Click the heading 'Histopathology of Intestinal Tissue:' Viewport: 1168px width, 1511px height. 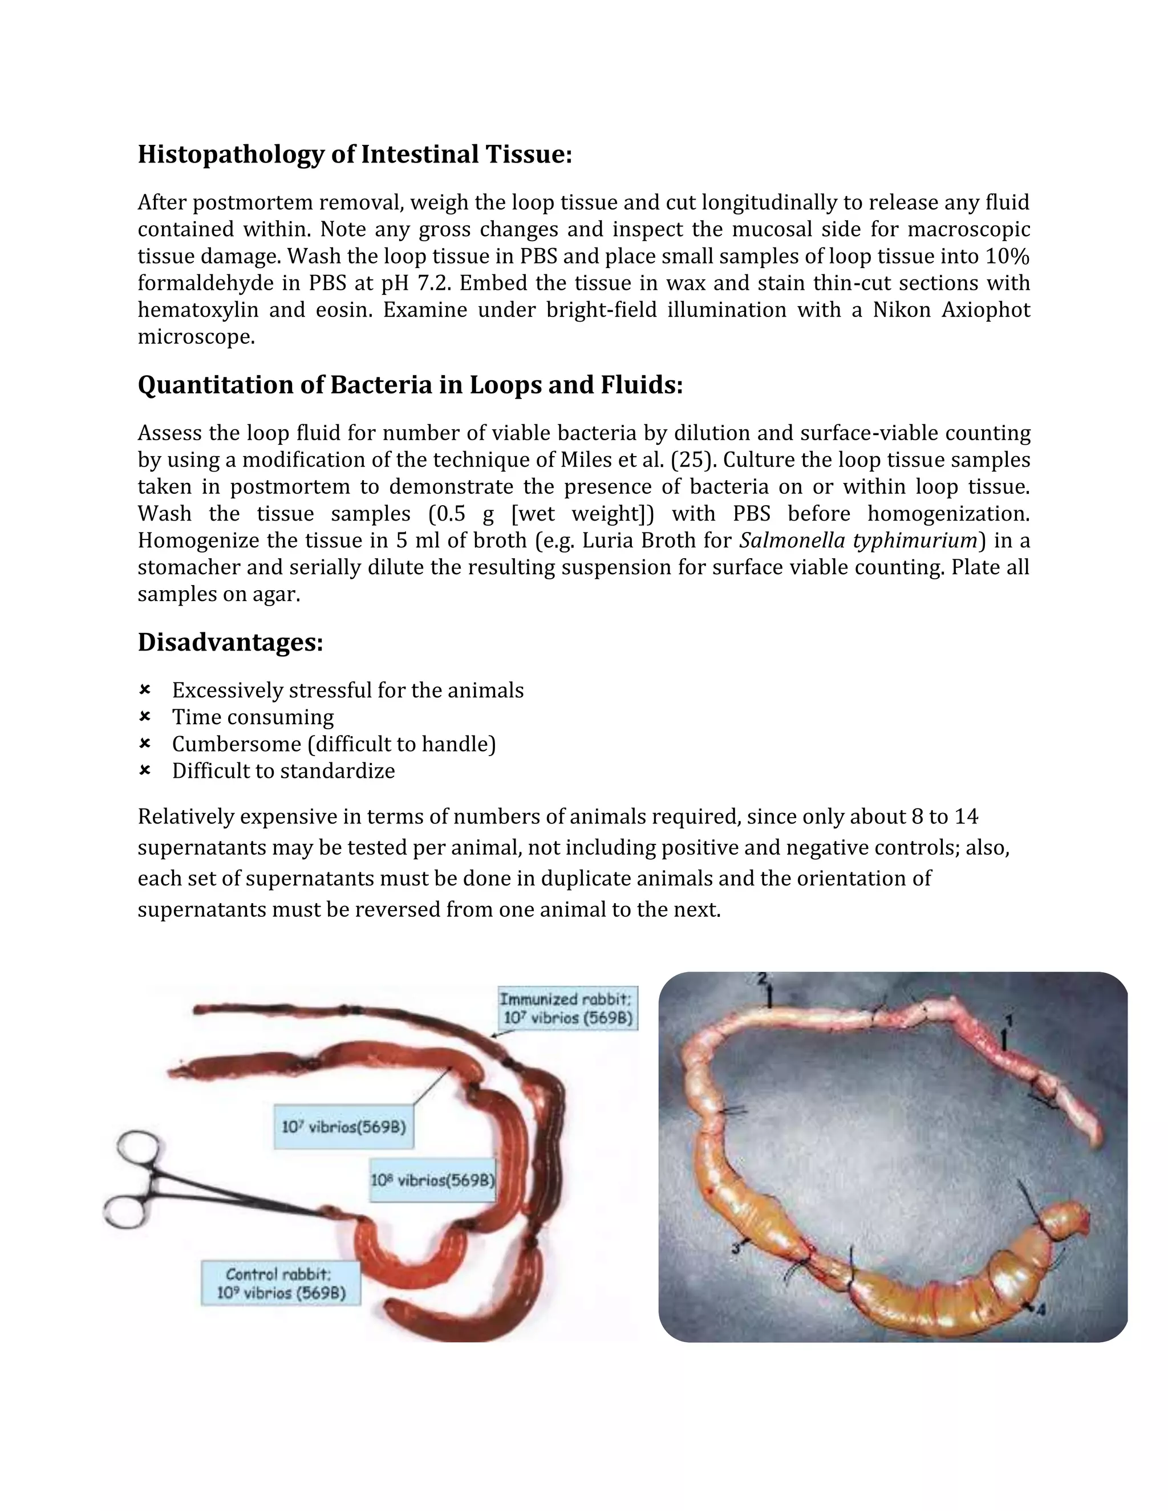pos(355,155)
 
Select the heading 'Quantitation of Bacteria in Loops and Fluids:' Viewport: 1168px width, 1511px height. pos(409,385)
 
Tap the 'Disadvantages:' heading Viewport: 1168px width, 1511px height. pos(230,642)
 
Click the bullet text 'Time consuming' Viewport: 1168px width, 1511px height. pos(253,717)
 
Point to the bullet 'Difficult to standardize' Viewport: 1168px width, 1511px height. pos(283,771)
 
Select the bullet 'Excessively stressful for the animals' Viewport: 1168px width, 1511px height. pos(347,690)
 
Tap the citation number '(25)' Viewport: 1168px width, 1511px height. pos(692,460)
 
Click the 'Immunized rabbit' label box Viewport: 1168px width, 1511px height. pos(567,1008)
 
